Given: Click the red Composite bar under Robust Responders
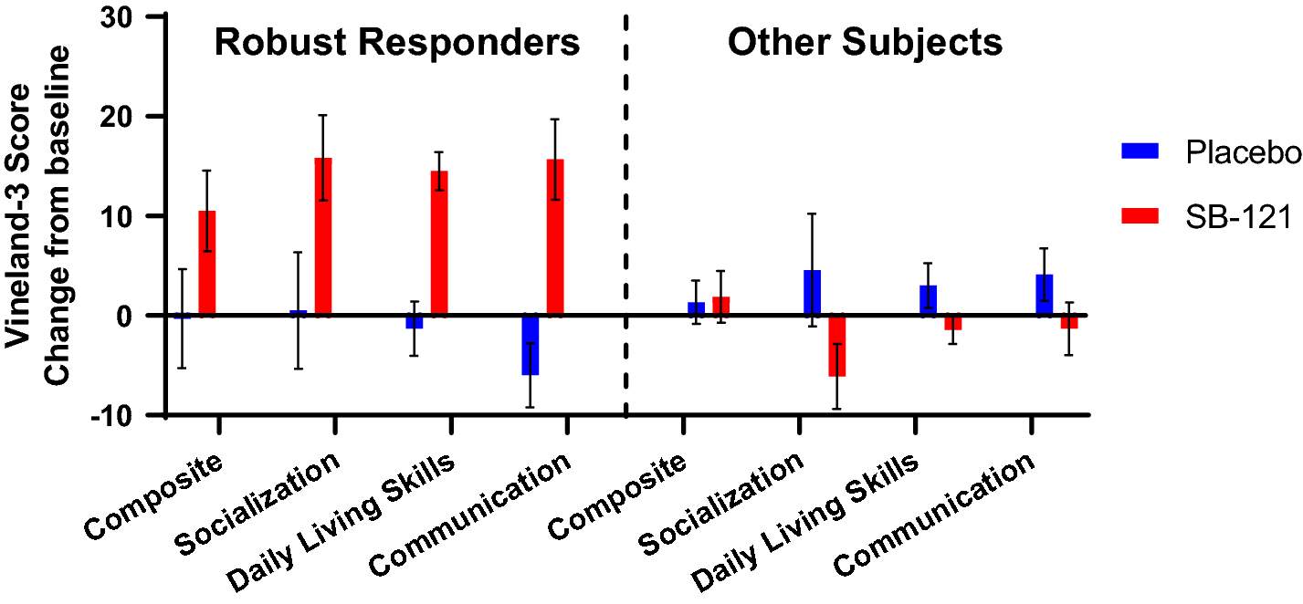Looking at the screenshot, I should click(207, 263).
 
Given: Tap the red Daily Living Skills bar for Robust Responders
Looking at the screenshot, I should click(439, 244).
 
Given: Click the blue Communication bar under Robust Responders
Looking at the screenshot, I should click(531, 345).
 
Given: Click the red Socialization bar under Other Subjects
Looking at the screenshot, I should click(836, 346).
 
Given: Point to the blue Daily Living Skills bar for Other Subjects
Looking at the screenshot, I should click(928, 300).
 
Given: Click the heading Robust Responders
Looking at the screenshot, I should click(397, 43).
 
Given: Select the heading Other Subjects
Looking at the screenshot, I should click(865, 43).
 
